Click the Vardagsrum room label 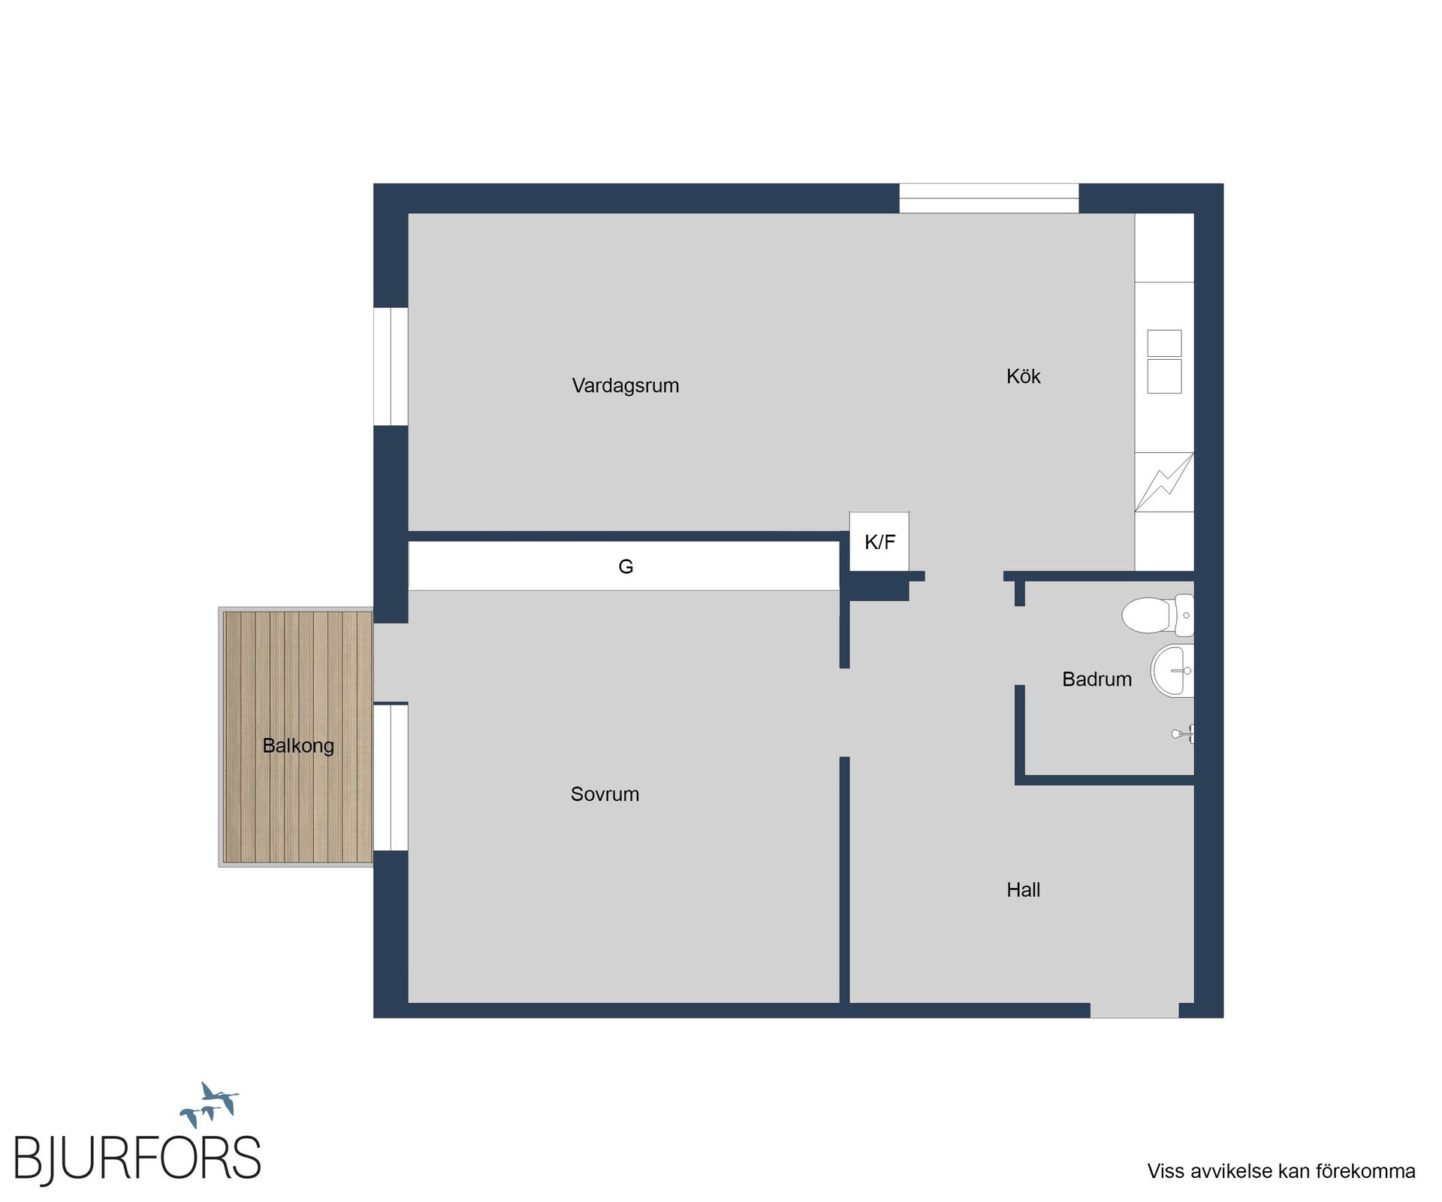(x=625, y=386)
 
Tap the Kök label (x=1023, y=376)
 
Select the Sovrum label (x=605, y=794)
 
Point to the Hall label (x=1023, y=890)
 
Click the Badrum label (x=1097, y=680)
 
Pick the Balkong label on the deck (x=298, y=746)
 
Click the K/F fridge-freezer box (x=879, y=542)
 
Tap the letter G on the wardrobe (x=626, y=566)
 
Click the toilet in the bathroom (x=1157, y=615)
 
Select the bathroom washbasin (x=1172, y=670)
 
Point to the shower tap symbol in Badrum (x=1183, y=733)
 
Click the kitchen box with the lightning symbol (x=1164, y=482)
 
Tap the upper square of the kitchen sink (x=1164, y=343)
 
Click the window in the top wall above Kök (x=989, y=198)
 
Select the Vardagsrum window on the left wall (x=391, y=367)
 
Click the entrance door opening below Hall (x=1134, y=1010)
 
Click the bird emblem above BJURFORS (x=210, y=1104)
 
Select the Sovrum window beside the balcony (x=391, y=777)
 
